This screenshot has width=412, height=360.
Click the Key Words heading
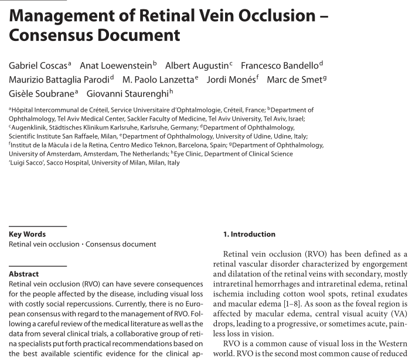tap(27, 234)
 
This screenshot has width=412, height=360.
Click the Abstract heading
tap(23, 273)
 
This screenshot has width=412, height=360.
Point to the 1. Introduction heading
tap(249, 234)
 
